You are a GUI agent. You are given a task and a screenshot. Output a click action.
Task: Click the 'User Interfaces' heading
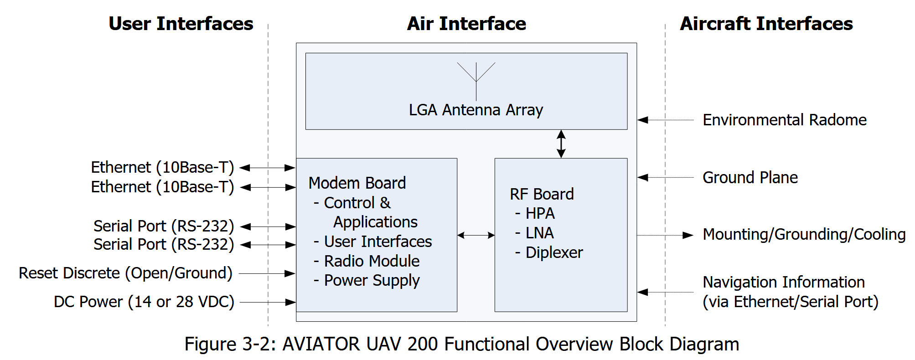(x=181, y=24)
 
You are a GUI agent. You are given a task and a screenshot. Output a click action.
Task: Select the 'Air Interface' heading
(x=466, y=24)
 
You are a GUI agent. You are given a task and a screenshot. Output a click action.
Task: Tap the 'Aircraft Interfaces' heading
(x=766, y=24)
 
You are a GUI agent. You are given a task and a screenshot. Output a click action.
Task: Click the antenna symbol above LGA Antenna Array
(x=476, y=81)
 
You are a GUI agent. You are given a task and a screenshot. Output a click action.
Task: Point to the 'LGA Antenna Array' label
(x=476, y=110)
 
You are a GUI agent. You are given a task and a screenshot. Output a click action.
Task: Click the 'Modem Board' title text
(x=357, y=183)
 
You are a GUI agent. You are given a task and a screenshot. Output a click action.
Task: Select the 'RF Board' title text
(x=542, y=194)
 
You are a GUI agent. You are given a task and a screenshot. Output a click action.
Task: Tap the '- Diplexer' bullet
(x=549, y=252)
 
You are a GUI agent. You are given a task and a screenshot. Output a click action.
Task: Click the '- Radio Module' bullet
(x=367, y=261)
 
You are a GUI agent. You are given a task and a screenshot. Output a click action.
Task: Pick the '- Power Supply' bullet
(x=367, y=281)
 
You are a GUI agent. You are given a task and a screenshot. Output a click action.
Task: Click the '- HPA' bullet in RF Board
(x=535, y=213)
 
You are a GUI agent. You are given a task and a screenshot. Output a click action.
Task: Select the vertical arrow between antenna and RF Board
(x=561, y=144)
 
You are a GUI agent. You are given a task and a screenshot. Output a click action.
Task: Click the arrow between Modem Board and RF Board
(x=476, y=235)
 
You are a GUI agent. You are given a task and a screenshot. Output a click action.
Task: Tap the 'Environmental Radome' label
(x=785, y=120)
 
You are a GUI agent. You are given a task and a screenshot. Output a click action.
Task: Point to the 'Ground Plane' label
(x=750, y=177)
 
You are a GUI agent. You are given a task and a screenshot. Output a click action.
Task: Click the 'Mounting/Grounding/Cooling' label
(x=804, y=234)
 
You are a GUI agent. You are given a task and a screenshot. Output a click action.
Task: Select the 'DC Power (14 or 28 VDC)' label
(x=144, y=302)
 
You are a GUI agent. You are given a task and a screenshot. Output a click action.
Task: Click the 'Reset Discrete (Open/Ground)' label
(x=126, y=273)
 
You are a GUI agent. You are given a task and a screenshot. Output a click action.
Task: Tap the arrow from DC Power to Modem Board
(x=268, y=302)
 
